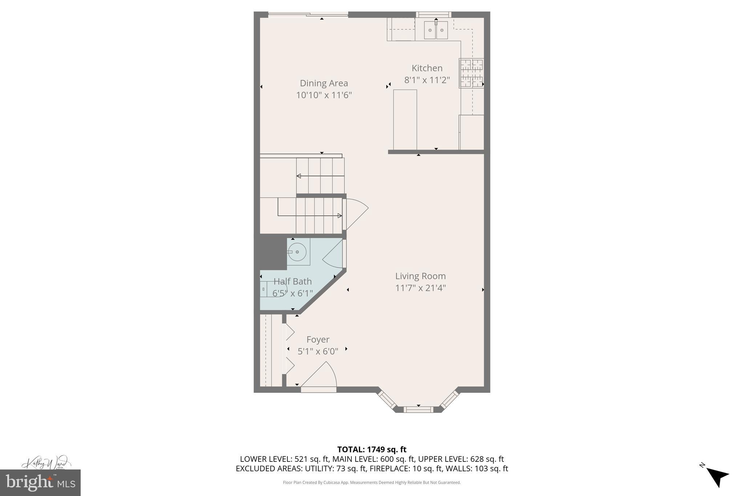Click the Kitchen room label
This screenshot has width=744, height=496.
tap(427, 68)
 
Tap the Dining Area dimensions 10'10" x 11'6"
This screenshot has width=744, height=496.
tap(324, 95)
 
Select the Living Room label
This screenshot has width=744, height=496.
tap(420, 276)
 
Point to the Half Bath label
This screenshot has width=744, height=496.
tap(292, 281)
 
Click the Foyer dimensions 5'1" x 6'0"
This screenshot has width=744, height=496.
tap(318, 351)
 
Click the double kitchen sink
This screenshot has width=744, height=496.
tap(436, 30)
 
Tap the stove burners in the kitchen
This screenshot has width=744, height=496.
tap(472, 73)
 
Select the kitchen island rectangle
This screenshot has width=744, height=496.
tap(405, 120)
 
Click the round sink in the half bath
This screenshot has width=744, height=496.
tap(298, 251)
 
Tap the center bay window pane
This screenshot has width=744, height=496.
tap(418, 410)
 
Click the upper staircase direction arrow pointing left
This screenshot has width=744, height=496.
tap(320, 176)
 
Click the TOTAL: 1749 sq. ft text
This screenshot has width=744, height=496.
tap(372, 449)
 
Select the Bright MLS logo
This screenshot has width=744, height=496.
tap(40, 483)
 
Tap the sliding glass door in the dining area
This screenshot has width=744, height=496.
tap(308, 15)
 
